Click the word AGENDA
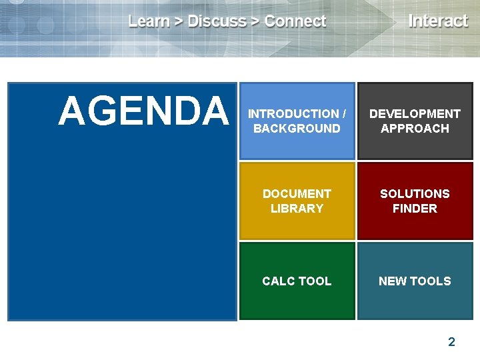[143, 111]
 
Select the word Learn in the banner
[149, 21]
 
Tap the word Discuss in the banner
[217, 21]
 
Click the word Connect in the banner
[295, 21]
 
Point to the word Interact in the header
[438, 21]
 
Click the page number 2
[451, 342]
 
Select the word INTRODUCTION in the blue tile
[293, 114]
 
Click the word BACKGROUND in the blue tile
[297, 129]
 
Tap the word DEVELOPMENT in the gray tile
[415, 114]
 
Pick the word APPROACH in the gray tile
[415, 129]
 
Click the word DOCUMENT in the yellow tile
[297, 194]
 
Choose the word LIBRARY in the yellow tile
[297, 209]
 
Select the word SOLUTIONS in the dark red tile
[415, 194]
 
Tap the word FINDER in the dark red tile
[415, 209]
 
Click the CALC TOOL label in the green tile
[297, 281]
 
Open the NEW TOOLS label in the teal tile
[415, 281]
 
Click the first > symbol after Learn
[179, 22]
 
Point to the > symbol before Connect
[255, 22]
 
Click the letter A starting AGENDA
[71, 111]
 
